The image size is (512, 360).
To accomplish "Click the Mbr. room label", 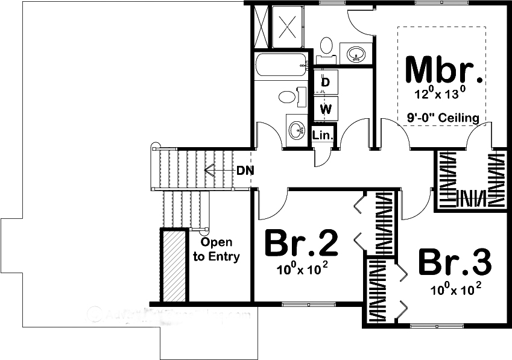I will [x=444, y=70].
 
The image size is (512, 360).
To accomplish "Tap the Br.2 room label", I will [x=302, y=243].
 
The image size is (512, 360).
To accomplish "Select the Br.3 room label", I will [x=455, y=262].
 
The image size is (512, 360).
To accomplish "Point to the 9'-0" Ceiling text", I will [x=443, y=118].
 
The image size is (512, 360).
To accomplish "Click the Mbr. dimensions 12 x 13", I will [x=440, y=93].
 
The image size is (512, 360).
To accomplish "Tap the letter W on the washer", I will [x=326, y=109].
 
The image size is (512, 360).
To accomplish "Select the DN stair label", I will [x=245, y=170].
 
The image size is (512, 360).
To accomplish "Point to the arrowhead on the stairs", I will [x=209, y=170].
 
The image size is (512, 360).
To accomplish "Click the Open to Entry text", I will [x=216, y=250].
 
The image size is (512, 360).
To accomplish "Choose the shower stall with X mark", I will [x=288, y=27].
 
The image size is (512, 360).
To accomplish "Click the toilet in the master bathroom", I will [x=326, y=45].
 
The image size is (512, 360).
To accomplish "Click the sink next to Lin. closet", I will [x=297, y=128].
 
